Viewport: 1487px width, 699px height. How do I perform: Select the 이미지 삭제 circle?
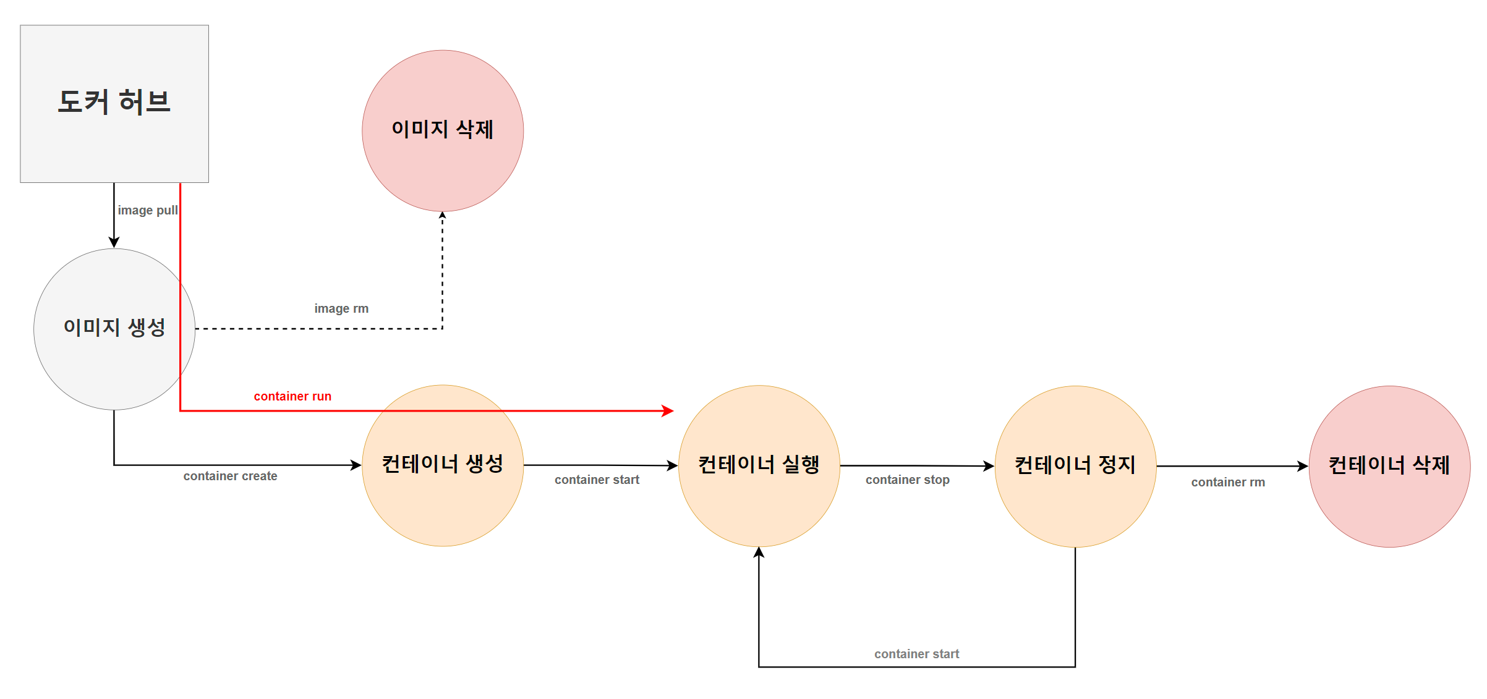[443, 130]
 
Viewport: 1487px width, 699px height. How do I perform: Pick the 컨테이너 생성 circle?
[443, 465]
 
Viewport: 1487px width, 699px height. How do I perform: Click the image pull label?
[148, 210]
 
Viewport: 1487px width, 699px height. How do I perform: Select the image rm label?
[341, 308]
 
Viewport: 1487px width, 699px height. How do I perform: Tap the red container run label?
[292, 396]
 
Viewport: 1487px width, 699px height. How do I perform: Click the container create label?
[230, 476]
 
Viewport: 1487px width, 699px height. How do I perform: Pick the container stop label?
[907, 480]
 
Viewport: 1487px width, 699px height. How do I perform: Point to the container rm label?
[1228, 482]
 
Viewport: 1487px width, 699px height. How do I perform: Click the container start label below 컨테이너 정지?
[916, 654]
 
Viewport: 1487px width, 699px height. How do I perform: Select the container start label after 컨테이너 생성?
[597, 480]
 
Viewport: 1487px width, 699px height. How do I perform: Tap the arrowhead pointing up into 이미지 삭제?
[442, 215]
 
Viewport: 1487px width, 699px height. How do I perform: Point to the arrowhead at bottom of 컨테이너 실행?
[759, 552]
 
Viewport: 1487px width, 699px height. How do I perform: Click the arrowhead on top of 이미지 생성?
[114, 242]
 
